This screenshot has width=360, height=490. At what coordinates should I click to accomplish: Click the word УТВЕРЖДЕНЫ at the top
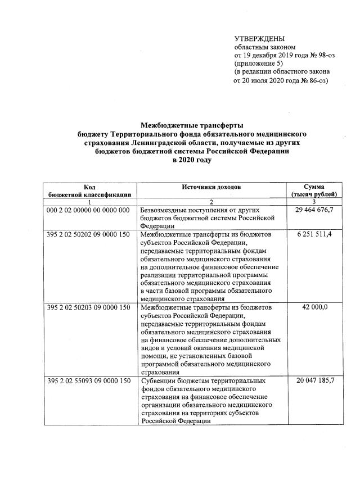[x=259, y=38]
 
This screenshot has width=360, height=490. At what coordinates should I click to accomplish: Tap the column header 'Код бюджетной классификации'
[x=89, y=190]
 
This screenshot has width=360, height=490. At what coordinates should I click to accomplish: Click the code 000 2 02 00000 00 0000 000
[x=89, y=210]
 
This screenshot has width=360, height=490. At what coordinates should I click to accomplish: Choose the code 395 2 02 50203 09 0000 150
[x=89, y=308]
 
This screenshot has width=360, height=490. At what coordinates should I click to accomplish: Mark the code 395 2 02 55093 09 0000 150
[x=89, y=382]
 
